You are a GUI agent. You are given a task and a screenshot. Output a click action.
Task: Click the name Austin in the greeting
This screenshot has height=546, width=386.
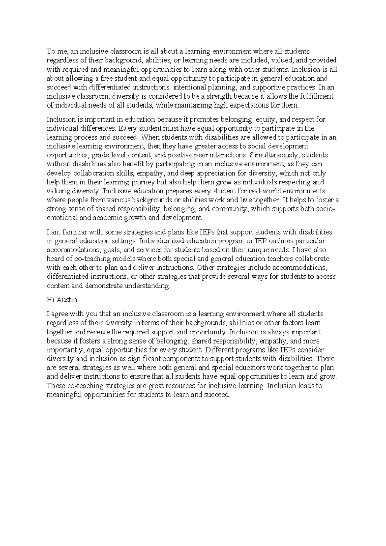[x=67, y=300]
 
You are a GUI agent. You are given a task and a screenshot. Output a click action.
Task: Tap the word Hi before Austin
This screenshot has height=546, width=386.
[x=50, y=300]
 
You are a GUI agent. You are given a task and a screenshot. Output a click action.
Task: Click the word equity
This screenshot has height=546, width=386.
[x=266, y=120]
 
